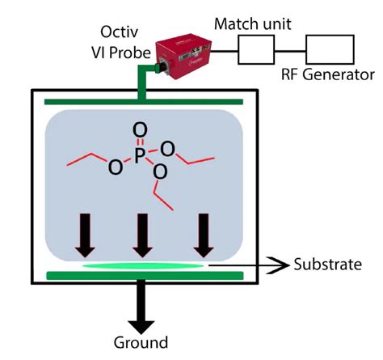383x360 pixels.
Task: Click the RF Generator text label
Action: point(326,75)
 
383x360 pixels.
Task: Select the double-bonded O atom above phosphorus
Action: point(140,129)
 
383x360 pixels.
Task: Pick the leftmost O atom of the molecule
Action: point(114,167)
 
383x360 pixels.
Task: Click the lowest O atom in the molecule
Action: point(160,172)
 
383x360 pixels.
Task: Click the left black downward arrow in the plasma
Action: point(86,234)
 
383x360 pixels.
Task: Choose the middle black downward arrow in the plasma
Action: point(142,234)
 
